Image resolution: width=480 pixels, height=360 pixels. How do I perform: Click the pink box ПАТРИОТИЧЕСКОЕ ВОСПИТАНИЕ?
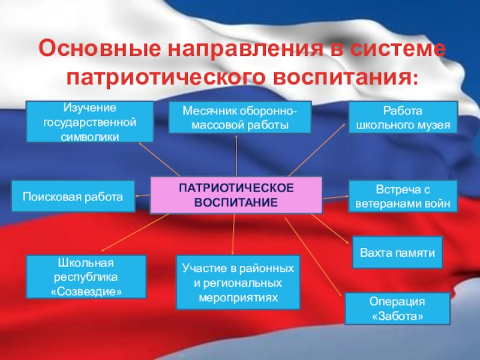236,195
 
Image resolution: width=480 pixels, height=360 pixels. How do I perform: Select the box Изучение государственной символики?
89,122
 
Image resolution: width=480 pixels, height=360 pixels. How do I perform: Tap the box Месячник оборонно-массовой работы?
239,117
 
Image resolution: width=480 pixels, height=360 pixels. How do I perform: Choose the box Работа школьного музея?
403,117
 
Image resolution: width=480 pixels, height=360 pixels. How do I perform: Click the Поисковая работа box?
73,196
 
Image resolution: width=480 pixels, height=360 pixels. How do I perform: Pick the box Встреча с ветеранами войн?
403,196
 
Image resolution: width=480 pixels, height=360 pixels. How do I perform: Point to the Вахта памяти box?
397,252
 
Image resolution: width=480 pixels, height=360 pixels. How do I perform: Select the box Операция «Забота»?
397,308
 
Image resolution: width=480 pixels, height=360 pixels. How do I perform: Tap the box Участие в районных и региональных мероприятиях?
237,281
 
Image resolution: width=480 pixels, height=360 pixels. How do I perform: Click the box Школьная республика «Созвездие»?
86,277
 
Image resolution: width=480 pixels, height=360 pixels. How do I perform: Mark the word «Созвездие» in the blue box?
86,290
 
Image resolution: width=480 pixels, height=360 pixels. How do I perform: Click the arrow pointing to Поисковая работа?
142,195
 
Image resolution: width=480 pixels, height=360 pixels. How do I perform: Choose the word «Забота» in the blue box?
397,315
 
